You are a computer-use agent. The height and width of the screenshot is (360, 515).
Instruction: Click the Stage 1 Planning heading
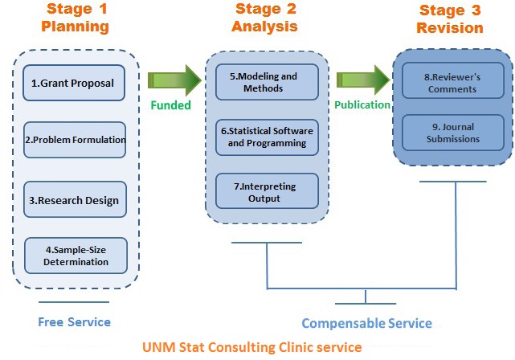(76, 18)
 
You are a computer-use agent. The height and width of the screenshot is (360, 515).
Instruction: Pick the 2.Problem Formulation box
(76, 140)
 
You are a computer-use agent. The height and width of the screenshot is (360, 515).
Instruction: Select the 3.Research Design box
(76, 200)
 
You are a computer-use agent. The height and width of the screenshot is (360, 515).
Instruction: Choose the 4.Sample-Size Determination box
(76, 256)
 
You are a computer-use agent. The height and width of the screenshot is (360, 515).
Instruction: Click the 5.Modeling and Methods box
(268, 82)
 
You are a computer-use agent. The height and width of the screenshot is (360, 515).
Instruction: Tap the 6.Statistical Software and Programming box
(268, 137)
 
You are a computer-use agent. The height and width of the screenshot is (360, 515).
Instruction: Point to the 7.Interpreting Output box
(268, 192)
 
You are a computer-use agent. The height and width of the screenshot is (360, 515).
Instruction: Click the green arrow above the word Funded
(174, 80)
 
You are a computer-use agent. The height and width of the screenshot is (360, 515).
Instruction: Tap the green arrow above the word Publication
(362, 80)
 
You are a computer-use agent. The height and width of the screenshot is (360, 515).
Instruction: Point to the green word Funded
(170, 105)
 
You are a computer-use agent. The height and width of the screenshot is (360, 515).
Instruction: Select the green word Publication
(362, 105)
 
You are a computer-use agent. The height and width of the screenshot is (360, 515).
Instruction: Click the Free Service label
(74, 322)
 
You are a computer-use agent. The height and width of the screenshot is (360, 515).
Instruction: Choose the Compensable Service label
(366, 323)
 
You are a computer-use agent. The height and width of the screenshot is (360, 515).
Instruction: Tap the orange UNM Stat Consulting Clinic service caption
(251, 348)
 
